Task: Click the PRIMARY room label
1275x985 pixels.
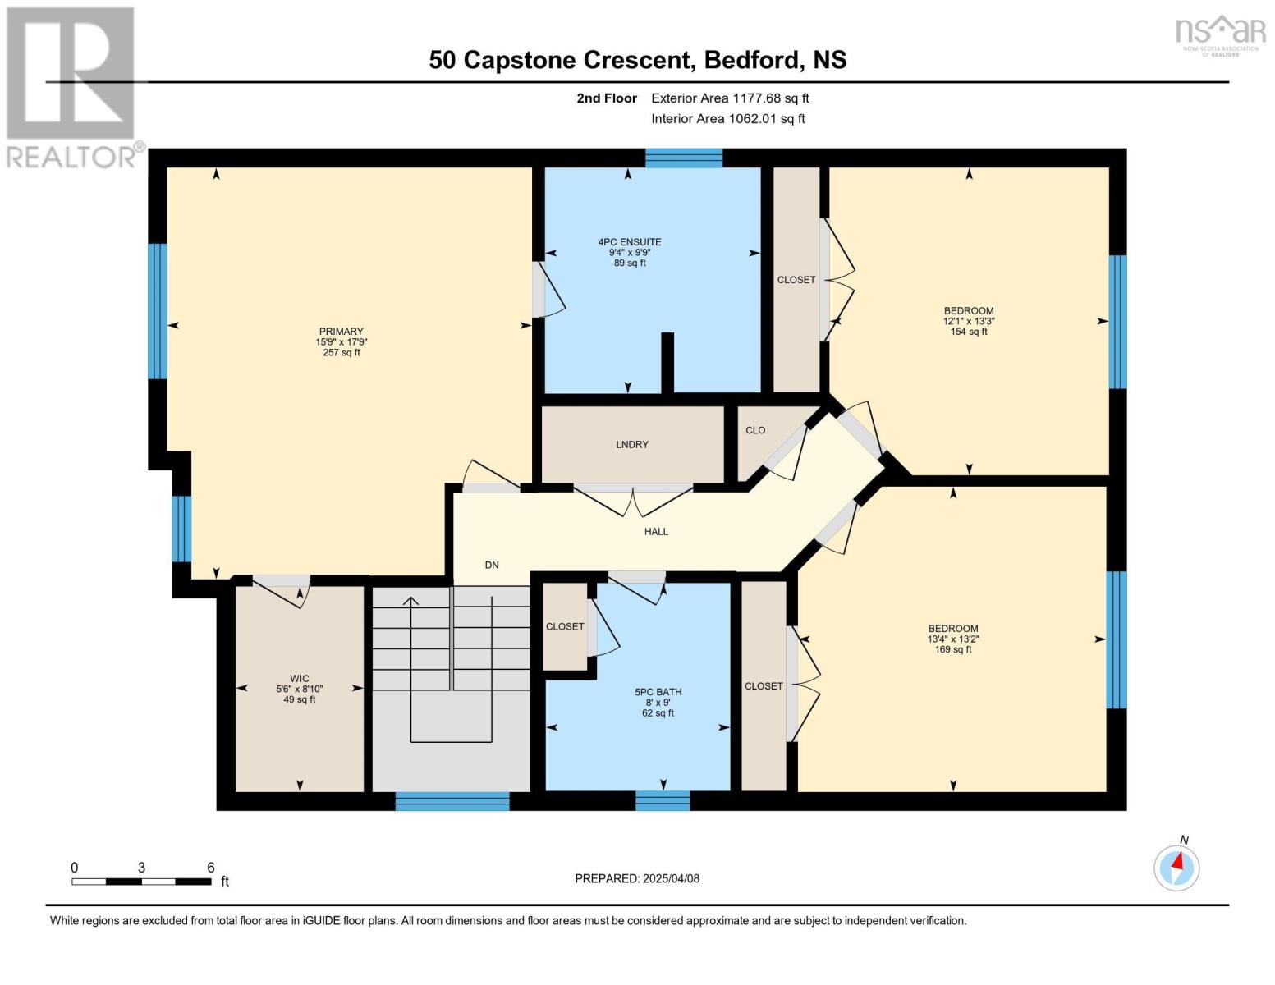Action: pos(341,332)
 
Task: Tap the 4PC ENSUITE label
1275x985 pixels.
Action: pos(630,241)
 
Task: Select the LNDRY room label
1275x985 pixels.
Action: pos(632,444)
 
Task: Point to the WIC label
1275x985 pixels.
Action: pos(299,678)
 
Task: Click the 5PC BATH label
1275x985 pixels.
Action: pos(658,692)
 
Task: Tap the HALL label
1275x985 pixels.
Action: pos(656,532)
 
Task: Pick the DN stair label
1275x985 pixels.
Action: pos(492,565)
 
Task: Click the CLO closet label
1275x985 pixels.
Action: pos(755,430)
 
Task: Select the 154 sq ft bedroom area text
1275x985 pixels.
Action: pos(969,332)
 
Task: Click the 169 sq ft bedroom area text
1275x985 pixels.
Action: pos(953,649)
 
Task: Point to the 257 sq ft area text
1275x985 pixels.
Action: pos(341,353)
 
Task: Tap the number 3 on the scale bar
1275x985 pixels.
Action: pos(141,868)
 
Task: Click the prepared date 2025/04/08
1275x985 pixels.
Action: pos(671,878)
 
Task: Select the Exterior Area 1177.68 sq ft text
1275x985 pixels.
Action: pos(730,98)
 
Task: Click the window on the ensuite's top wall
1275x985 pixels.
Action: pos(684,158)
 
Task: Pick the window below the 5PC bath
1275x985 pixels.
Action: pos(663,801)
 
